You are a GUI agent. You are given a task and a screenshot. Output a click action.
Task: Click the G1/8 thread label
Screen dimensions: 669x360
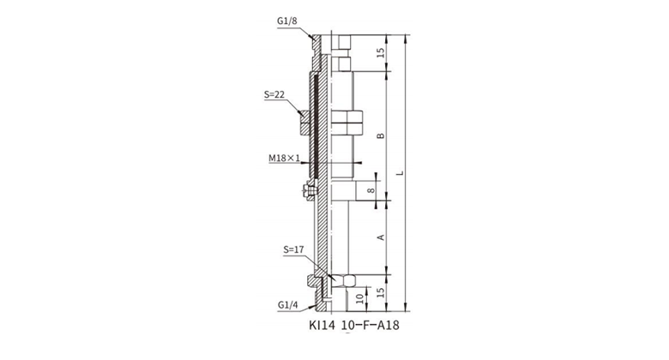pyautogui.click(x=286, y=21)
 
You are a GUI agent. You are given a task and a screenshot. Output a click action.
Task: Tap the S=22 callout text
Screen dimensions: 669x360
pyautogui.click(x=274, y=94)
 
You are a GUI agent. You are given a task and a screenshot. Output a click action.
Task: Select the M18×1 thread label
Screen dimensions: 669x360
pyautogui.click(x=284, y=159)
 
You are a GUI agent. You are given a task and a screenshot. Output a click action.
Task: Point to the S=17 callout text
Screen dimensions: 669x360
pyautogui.click(x=293, y=249)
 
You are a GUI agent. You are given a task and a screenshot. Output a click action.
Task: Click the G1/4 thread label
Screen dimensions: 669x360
pyautogui.click(x=287, y=305)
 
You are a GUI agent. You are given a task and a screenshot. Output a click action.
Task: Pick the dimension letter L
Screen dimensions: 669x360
pyautogui.click(x=400, y=173)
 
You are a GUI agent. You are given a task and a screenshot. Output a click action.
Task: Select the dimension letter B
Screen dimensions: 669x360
pyautogui.click(x=381, y=135)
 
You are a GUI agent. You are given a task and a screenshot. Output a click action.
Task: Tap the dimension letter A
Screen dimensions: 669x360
pyautogui.click(x=381, y=237)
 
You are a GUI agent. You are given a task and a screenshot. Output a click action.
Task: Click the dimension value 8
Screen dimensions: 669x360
pyautogui.click(x=371, y=190)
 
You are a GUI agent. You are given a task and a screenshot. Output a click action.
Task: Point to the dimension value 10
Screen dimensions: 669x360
pyautogui.click(x=360, y=298)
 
